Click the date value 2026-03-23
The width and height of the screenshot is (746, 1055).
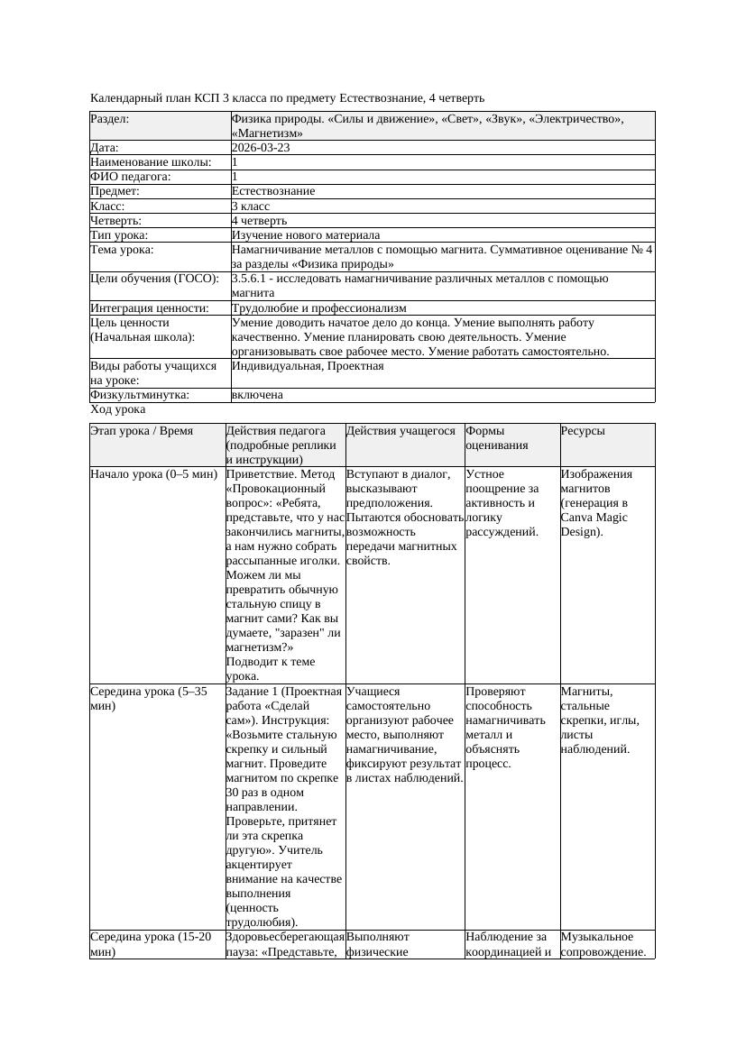(261, 148)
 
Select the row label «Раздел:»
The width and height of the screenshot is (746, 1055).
(109, 119)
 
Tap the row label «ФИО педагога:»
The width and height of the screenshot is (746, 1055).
(131, 177)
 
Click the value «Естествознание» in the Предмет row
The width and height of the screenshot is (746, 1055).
(272, 191)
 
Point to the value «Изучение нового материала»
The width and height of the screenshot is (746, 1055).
(305, 234)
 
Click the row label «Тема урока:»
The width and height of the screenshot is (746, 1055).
(122, 249)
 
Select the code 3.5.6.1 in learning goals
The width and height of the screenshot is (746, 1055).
(251, 279)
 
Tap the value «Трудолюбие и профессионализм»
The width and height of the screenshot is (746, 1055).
(318, 308)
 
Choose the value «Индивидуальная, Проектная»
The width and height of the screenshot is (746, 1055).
(308, 366)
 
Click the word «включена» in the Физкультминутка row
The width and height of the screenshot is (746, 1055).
(257, 395)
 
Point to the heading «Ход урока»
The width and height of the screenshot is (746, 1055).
(117, 409)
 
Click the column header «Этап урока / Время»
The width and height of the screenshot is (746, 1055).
(142, 431)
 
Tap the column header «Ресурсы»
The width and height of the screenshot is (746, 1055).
(583, 431)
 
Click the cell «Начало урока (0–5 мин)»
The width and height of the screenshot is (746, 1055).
(153, 474)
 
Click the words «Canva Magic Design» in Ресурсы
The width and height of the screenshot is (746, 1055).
(594, 525)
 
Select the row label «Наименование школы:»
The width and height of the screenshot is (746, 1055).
(151, 162)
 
